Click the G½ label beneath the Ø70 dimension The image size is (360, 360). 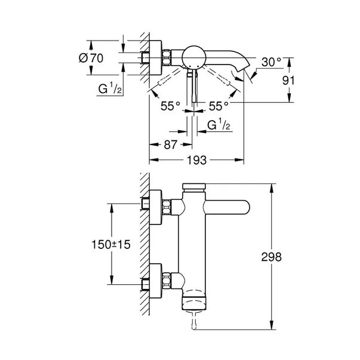click(110, 90)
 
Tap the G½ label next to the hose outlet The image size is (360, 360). click(219, 125)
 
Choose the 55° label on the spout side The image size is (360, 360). click(219, 106)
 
